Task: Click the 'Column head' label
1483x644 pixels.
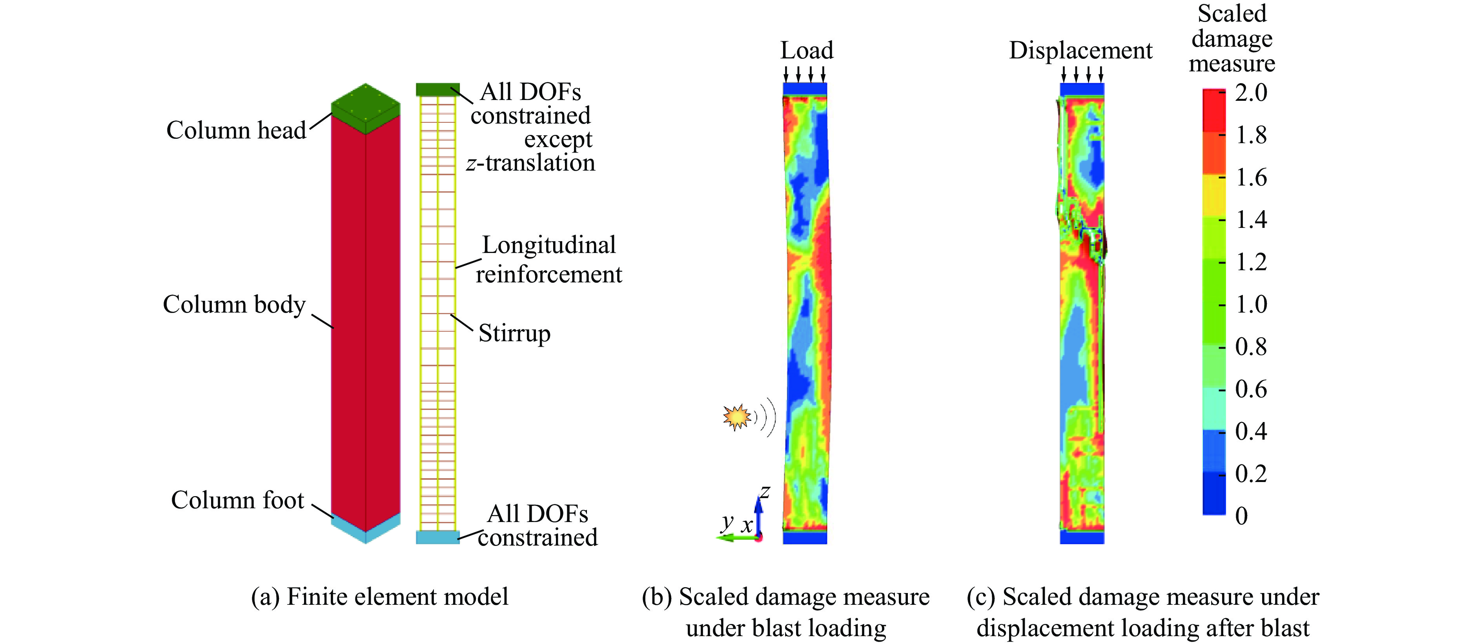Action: (236, 131)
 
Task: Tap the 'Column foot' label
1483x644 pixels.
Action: (237, 500)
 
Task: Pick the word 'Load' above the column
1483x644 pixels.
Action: (807, 51)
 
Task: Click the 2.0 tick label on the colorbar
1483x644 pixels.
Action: (1251, 93)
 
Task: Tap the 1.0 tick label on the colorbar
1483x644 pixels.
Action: (1251, 304)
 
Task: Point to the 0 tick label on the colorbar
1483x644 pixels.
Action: (1241, 516)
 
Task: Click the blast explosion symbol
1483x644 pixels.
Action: (737, 417)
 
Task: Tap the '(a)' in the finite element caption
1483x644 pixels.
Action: (265, 597)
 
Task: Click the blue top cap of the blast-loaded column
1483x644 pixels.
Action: (805, 89)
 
